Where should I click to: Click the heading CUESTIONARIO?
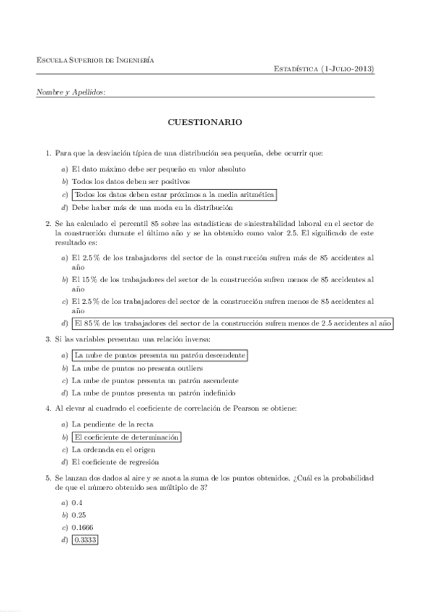coord(205,123)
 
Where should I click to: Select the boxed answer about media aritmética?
coord(175,195)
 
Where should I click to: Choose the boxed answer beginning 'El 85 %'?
coord(232,323)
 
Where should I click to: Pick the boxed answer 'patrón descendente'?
coord(159,355)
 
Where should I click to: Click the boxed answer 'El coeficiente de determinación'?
coord(126,437)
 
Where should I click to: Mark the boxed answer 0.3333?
coord(84,540)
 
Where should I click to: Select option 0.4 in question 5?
coord(77,502)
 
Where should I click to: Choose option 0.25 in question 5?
coord(79,515)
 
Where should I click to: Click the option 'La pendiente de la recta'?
coord(113,424)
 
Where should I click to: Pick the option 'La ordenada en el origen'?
coord(114,450)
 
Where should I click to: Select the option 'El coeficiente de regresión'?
coord(115,462)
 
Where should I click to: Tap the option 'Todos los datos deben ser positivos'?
coord(131,182)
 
